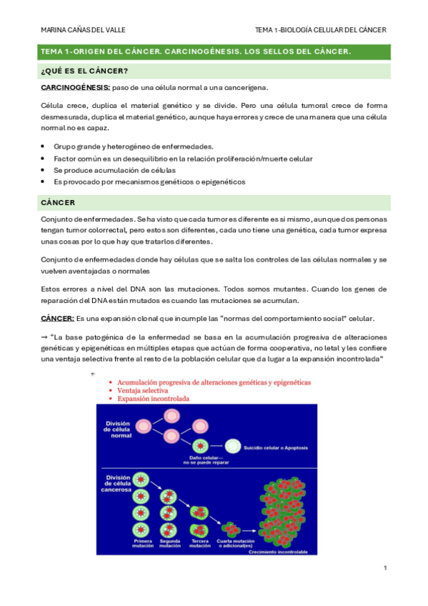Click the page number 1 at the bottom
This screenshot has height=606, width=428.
(385, 568)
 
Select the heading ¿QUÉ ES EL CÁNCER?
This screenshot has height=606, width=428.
(85, 71)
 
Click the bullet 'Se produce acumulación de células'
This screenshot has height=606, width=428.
(114, 170)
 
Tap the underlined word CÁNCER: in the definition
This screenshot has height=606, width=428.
(57, 317)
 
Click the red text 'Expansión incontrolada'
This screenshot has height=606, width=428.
(151, 399)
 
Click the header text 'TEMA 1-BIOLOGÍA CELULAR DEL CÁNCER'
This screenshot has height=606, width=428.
(320, 30)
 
